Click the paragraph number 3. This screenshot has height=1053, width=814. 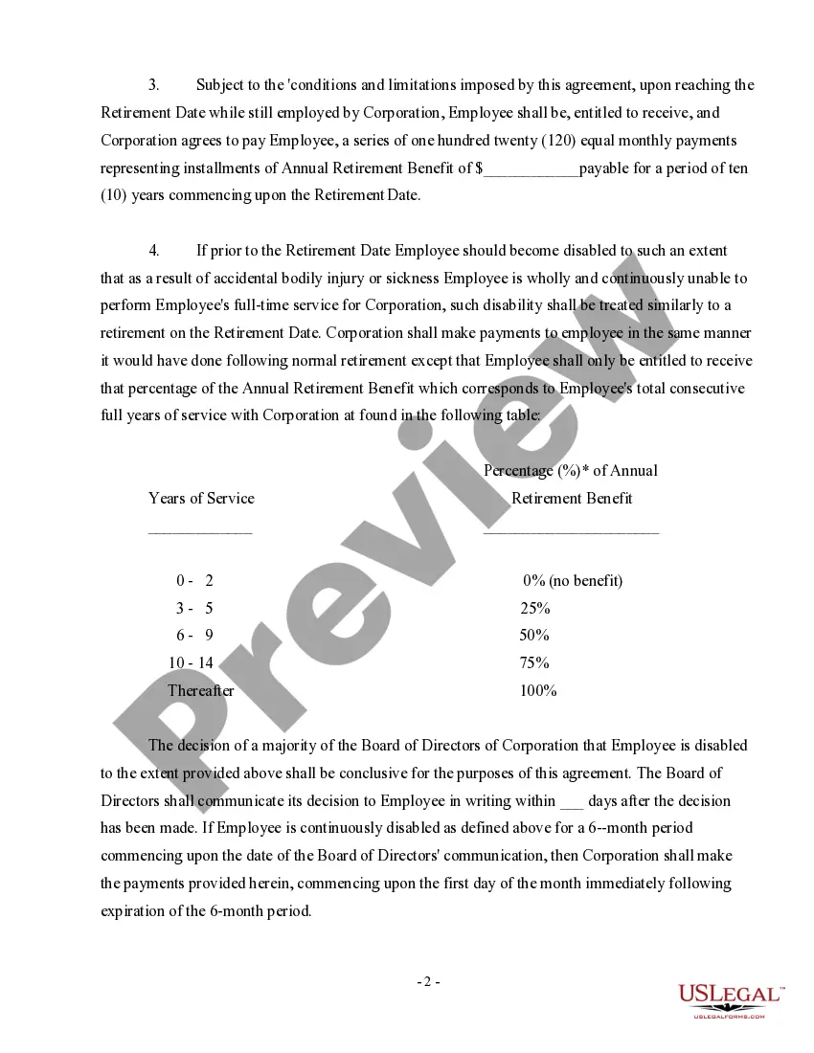click(x=153, y=85)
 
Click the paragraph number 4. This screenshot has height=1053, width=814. click(x=153, y=251)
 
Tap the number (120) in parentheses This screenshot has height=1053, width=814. click(x=559, y=141)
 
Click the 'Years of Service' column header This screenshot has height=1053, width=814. click(x=201, y=498)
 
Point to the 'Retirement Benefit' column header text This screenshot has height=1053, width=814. click(x=572, y=498)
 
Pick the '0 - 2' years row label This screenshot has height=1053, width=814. click(x=194, y=580)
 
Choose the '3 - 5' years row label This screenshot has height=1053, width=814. click(x=194, y=608)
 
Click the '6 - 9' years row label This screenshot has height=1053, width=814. click(x=194, y=636)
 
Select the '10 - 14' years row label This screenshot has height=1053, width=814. click(x=191, y=662)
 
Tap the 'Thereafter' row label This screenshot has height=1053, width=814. click(x=200, y=690)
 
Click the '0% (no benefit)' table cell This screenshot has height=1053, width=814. click(x=573, y=580)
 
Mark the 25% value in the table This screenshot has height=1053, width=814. click(x=534, y=608)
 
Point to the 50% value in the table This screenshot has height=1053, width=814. click(x=534, y=636)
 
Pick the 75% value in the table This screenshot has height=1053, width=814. click(x=534, y=662)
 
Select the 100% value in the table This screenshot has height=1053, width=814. click(x=538, y=690)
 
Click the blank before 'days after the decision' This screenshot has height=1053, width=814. click(x=571, y=801)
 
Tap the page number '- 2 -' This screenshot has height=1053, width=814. click(x=428, y=981)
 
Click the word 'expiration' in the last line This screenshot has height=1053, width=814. click(x=135, y=911)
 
